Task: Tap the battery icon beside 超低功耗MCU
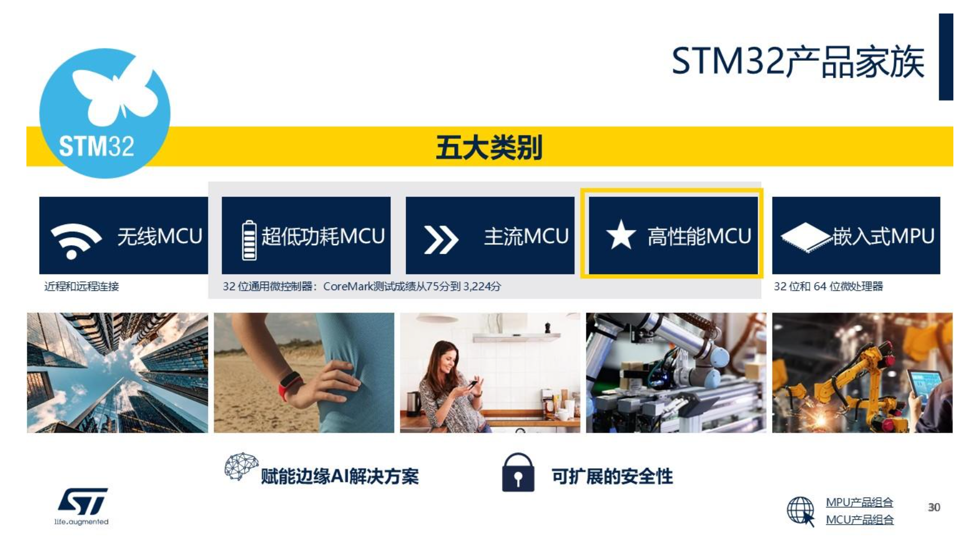249,241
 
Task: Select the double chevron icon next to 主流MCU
441,240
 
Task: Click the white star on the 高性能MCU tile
621,234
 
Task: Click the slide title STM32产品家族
798,61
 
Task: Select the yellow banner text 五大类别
489,147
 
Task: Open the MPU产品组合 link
859,502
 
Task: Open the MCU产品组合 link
860,520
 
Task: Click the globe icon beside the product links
800,511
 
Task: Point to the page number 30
934,507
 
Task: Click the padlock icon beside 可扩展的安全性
518,473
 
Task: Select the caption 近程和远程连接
82,286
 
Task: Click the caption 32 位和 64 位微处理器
828,286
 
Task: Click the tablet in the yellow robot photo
925,386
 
